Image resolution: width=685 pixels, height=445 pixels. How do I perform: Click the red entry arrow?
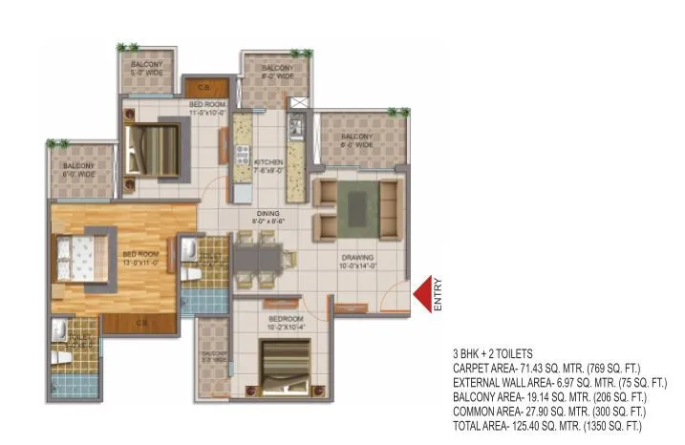click(421, 294)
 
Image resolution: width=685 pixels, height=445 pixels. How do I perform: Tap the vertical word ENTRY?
click(439, 294)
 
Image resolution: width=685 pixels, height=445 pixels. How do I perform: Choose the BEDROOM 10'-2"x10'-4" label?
click(284, 323)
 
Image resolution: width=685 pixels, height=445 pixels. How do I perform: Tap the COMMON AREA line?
click(544, 411)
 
